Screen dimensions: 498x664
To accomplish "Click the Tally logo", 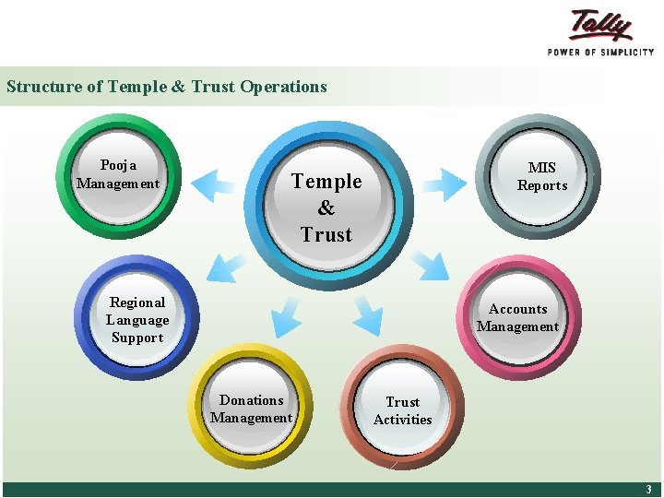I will coord(601,25).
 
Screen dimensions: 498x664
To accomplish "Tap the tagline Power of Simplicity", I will coord(600,52).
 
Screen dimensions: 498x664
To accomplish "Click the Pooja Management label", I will coord(118,174).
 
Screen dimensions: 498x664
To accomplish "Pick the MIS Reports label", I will coord(542,176).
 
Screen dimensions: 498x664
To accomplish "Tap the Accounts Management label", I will coord(517,318).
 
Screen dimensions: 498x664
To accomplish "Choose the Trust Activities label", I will coord(402,410).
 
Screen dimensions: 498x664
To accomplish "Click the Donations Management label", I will coord(251,409).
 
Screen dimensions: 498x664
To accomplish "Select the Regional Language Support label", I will coord(136,320).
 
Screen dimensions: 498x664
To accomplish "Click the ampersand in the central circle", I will coord(326,208).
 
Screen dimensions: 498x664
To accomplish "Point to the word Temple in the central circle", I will coord(326,182).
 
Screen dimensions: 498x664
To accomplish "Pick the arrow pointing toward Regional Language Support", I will coord(226,267).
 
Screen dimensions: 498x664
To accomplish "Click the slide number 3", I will coord(648,490).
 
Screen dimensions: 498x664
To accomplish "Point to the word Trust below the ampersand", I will coord(326,235).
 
